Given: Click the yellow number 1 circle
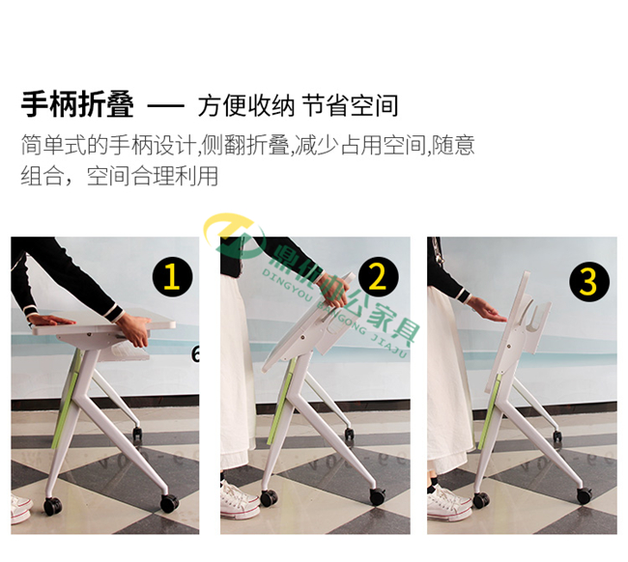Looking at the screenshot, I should pos(172,278).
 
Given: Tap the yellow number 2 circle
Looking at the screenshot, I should pos(378,277).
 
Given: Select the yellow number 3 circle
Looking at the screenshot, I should pos(588,282).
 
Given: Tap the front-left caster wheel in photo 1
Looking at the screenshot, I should pos(52,505).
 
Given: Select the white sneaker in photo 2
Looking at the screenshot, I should pos(238,499).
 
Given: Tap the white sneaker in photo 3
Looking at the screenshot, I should pos(446,501).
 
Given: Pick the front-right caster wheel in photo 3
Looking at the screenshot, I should pos(584,496).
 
